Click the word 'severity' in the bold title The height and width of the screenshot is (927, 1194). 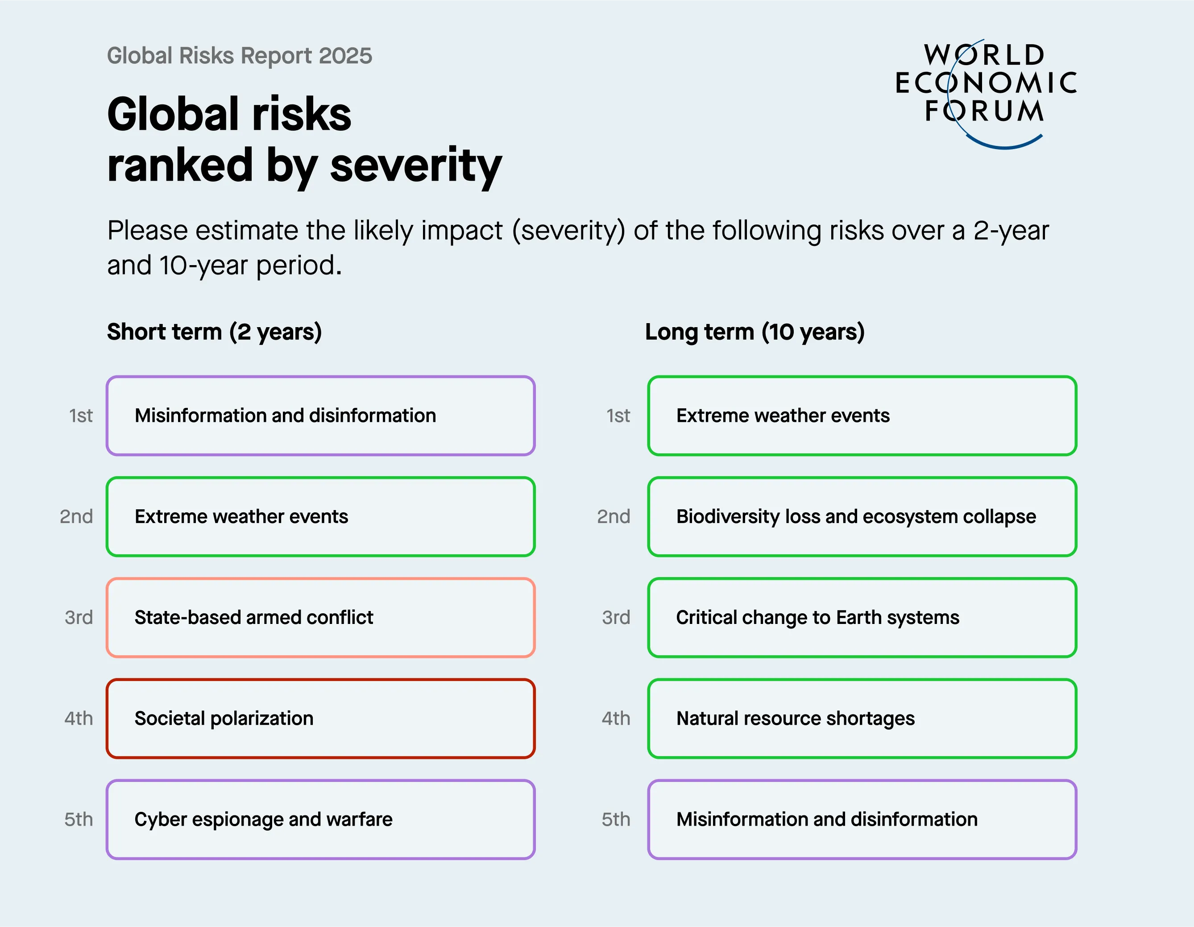click(x=415, y=166)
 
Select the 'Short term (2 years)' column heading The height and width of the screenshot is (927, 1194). click(x=214, y=332)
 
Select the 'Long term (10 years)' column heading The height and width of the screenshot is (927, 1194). click(x=755, y=332)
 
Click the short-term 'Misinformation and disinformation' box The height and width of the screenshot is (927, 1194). click(x=320, y=416)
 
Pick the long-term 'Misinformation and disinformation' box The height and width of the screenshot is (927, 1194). click(x=862, y=819)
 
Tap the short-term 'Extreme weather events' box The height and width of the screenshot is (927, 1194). click(x=320, y=516)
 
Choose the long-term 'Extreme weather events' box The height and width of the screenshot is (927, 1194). click(x=862, y=416)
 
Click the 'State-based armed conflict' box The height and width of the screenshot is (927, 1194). click(x=320, y=617)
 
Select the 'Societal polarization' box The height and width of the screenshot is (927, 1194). click(x=320, y=718)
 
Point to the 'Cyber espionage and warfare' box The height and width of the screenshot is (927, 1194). click(x=320, y=819)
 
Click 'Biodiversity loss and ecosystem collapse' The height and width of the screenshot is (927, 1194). click(x=862, y=516)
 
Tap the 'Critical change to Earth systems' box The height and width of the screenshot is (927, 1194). click(x=862, y=617)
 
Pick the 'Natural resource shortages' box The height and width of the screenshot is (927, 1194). click(x=862, y=718)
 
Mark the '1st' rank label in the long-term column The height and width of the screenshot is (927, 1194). click(x=618, y=416)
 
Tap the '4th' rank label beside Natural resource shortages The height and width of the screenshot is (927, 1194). click(x=616, y=718)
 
